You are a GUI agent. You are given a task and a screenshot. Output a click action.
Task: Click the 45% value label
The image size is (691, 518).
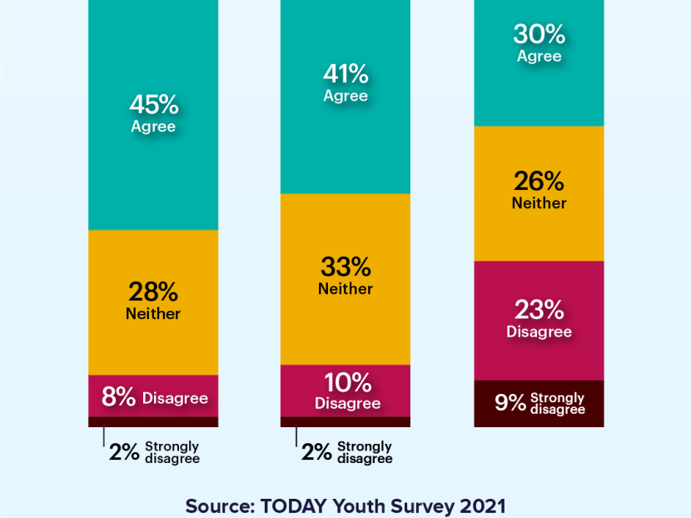tap(153, 105)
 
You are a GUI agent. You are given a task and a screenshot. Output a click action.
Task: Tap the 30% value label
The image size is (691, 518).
tap(539, 34)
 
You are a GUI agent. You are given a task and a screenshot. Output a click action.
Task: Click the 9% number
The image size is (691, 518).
tap(510, 403)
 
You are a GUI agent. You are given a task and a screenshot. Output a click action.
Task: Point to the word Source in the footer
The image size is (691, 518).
tap(219, 506)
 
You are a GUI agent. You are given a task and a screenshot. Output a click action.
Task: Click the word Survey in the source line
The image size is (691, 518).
tap(422, 506)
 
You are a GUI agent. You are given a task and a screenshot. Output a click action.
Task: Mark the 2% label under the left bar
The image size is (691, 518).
tap(124, 452)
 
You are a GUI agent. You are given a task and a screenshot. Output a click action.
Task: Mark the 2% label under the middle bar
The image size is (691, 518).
tap(316, 452)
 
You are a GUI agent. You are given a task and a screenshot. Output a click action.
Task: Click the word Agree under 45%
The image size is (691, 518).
tap(153, 127)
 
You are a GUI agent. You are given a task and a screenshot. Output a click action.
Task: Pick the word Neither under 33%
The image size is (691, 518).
tap(345, 289)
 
